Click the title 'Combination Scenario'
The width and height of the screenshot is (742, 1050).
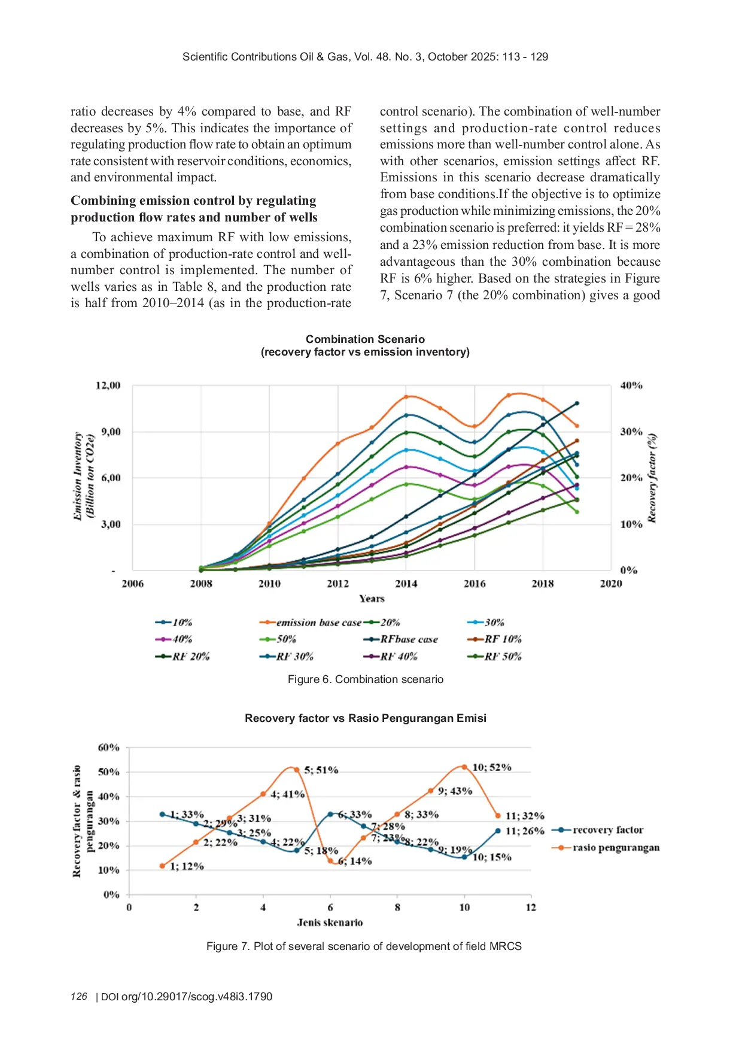click(365, 339)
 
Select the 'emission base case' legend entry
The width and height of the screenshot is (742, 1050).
click(318, 623)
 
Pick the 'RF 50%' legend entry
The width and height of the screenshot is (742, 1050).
click(503, 657)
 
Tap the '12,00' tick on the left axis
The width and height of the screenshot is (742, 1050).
click(108, 386)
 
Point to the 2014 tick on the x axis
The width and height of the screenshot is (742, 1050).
click(406, 584)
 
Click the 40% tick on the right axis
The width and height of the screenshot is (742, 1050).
click(631, 386)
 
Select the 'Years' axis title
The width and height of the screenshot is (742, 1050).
click(372, 599)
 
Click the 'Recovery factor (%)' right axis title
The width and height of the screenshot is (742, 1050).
click(652, 478)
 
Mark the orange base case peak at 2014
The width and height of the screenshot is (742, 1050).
click(406, 397)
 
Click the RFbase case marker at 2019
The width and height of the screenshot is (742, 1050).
click(577, 403)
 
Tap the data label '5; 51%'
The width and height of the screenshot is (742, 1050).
click(321, 770)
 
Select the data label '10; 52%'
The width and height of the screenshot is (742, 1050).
click(492, 767)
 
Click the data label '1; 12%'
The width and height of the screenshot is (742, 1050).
click(187, 866)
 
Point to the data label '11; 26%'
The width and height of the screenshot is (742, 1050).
click(525, 831)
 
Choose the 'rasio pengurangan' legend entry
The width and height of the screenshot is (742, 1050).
click(616, 848)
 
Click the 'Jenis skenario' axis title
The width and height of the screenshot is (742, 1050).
click(330, 922)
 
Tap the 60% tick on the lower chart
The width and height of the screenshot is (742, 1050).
click(109, 748)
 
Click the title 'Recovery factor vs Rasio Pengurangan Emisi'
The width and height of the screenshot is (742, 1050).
click(365, 718)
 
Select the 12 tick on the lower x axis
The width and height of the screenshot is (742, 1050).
click(531, 908)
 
